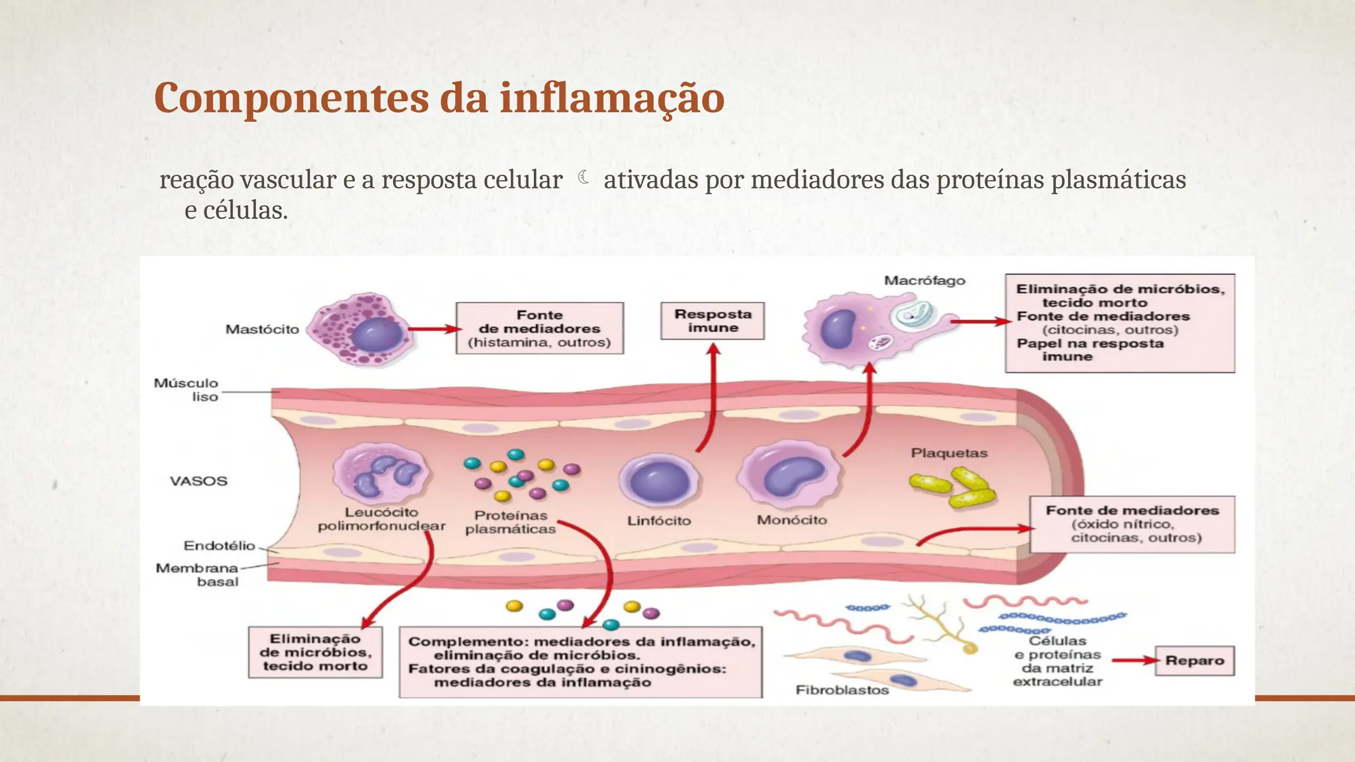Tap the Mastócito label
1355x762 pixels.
(x=262, y=329)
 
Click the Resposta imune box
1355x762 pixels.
(x=713, y=321)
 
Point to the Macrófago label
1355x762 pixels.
(x=924, y=280)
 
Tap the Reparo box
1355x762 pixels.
(x=1194, y=661)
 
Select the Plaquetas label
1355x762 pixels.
(x=949, y=453)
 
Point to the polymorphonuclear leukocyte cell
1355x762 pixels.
(x=382, y=473)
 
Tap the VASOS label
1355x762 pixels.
(x=198, y=481)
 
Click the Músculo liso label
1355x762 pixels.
(x=186, y=390)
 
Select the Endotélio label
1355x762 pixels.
(x=219, y=546)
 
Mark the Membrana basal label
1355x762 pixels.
(x=197, y=575)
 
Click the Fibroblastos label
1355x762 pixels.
(x=842, y=690)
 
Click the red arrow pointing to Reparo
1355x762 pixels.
(x=1133, y=660)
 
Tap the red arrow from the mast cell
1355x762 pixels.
(x=433, y=329)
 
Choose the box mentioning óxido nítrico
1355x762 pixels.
(x=1132, y=524)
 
